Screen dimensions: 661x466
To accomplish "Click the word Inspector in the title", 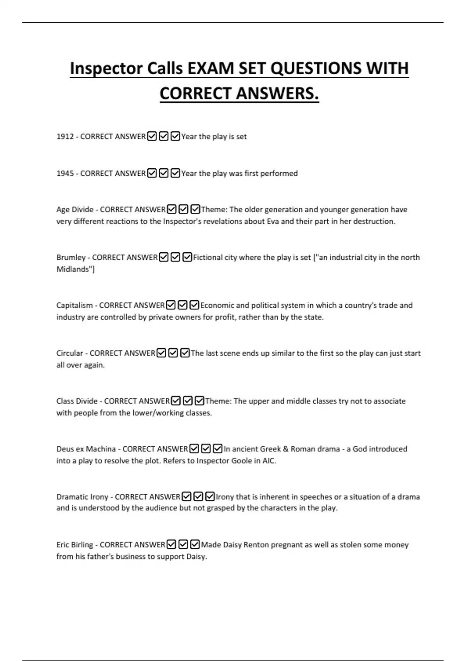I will click(x=106, y=68).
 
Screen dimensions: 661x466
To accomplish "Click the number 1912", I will click(x=65, y=136).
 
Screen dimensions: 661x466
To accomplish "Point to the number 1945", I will click(x=65, y=173).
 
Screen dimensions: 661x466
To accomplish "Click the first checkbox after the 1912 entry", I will click(x=152, y=136).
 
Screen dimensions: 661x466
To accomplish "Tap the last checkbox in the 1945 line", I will click(x=175, y=173).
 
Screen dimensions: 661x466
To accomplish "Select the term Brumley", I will click(x=71, y=257).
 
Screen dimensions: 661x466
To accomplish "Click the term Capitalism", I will click(x=75, y=305).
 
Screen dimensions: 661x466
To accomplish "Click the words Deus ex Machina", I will click(x=86, y=449).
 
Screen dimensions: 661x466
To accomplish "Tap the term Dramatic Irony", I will click(x=82, y=497).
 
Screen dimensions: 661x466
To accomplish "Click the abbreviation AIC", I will click(x=269, y=461).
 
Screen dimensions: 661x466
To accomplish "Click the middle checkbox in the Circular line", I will click(x=173, y=353).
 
